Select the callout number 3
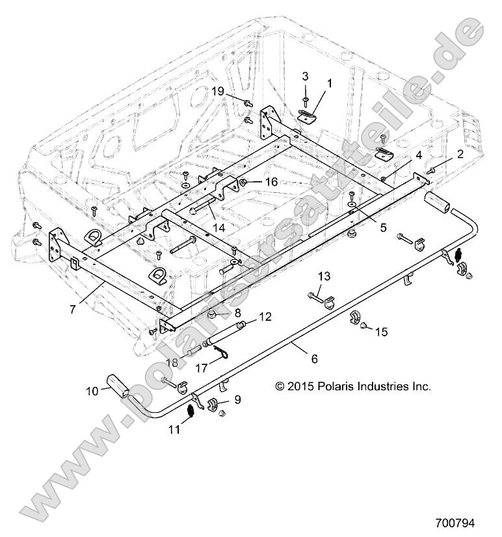(x=305, y=76)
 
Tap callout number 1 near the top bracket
(x=329, y=83)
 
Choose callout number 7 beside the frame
(x=72, y=309)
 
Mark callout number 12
(x=265, y=317)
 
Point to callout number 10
(x=92, y=391)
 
